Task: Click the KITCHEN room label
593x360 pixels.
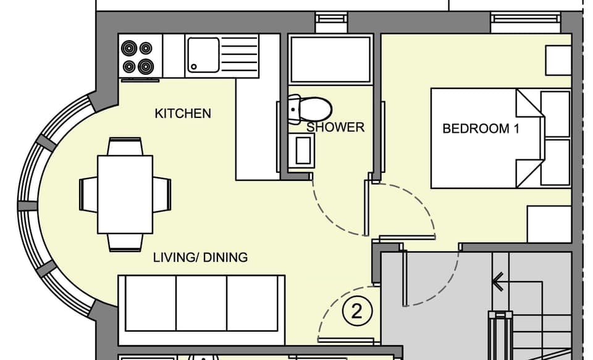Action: tap(182, 114)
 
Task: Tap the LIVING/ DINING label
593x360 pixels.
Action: tap(200, 257)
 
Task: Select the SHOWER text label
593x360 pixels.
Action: tap(335, 127)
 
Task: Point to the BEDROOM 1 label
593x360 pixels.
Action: tap(481, 129)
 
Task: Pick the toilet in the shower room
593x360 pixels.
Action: tap(311, 108)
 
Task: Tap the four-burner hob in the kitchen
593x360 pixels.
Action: tap(137, 56)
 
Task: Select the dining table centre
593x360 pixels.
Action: tap(125, 194)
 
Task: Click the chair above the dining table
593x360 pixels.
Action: tap(125, 146)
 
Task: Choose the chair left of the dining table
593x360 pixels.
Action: tap(88, 194)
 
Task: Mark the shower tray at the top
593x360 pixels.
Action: tap(330, 59)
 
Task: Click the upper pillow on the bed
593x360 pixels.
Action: tap(555, 114)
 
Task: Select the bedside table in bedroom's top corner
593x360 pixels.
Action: tap(558, 60)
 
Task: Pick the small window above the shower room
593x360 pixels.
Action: tap(331, 22)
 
